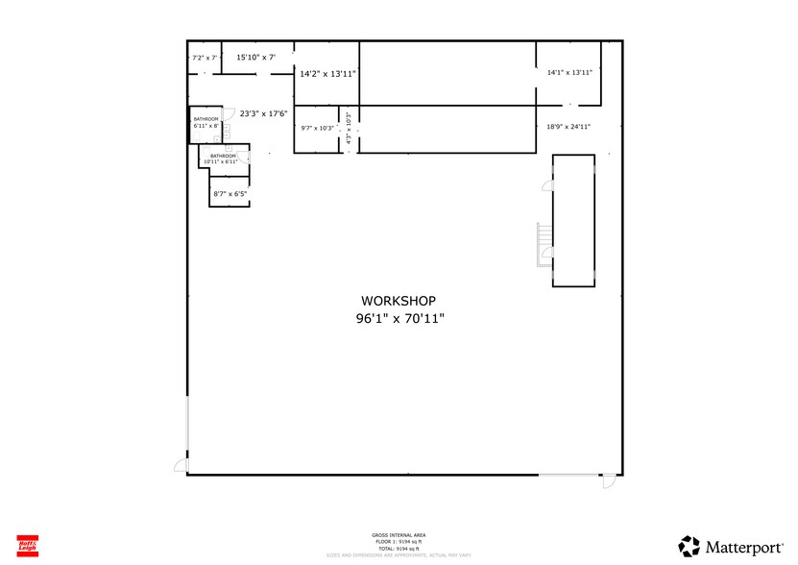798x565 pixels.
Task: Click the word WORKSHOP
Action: [399, 300]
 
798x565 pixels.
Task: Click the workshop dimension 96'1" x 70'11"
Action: [399, 318]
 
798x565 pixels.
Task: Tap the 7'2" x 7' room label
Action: [205, 58]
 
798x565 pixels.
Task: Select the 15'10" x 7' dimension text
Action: [255, 58]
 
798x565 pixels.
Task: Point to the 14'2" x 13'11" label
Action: [327, 73]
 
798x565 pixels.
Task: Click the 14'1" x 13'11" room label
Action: [569, 72]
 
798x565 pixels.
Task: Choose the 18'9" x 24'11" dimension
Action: [568, 126]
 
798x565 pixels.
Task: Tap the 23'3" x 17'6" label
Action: [263, 113]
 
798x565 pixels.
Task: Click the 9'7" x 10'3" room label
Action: [317, 129]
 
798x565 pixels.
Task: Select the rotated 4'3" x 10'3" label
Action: [349, 129]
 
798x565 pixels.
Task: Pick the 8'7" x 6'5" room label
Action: [230, 194]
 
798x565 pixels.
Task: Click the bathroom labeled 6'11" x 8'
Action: [206, 123]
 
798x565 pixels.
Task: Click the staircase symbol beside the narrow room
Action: [544, 244]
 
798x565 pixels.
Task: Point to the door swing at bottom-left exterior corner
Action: [179, 465]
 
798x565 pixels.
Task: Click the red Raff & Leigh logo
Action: [27, 544]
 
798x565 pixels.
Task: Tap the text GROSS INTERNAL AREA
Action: [399, 534]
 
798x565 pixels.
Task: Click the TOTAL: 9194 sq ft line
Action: [399, 548]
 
